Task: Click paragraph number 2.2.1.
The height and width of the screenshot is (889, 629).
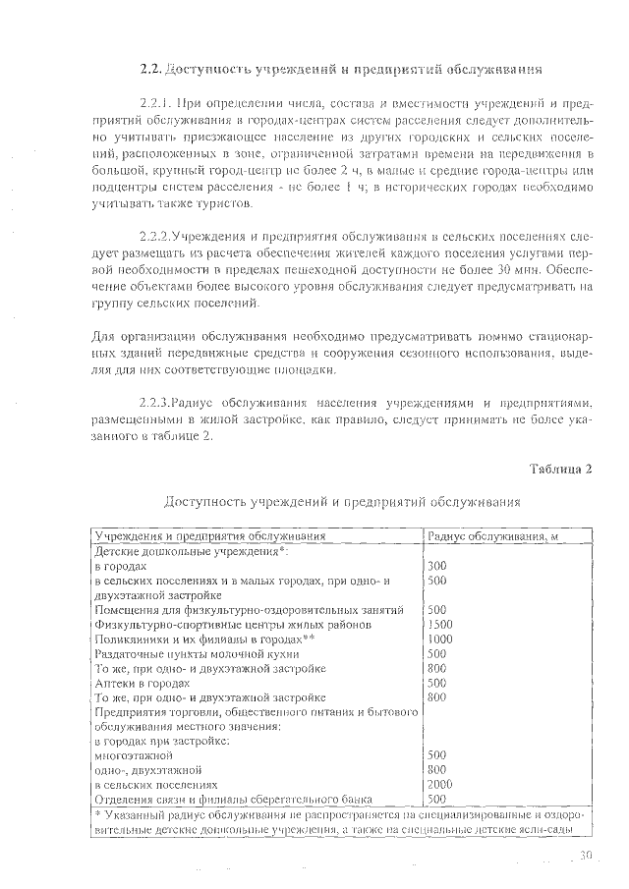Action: [158, 101]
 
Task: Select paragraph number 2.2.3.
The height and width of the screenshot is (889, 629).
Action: [157, 402]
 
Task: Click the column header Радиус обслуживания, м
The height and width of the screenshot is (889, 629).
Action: [489, 536]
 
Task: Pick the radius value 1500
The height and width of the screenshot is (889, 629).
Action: [440, 624]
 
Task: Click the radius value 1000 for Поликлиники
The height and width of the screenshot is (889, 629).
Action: [440, 639]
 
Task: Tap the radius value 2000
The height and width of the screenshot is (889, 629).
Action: [440, 785]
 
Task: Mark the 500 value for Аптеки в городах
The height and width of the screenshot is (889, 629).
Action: [437, 683]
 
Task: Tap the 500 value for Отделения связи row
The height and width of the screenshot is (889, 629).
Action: [437, 800]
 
